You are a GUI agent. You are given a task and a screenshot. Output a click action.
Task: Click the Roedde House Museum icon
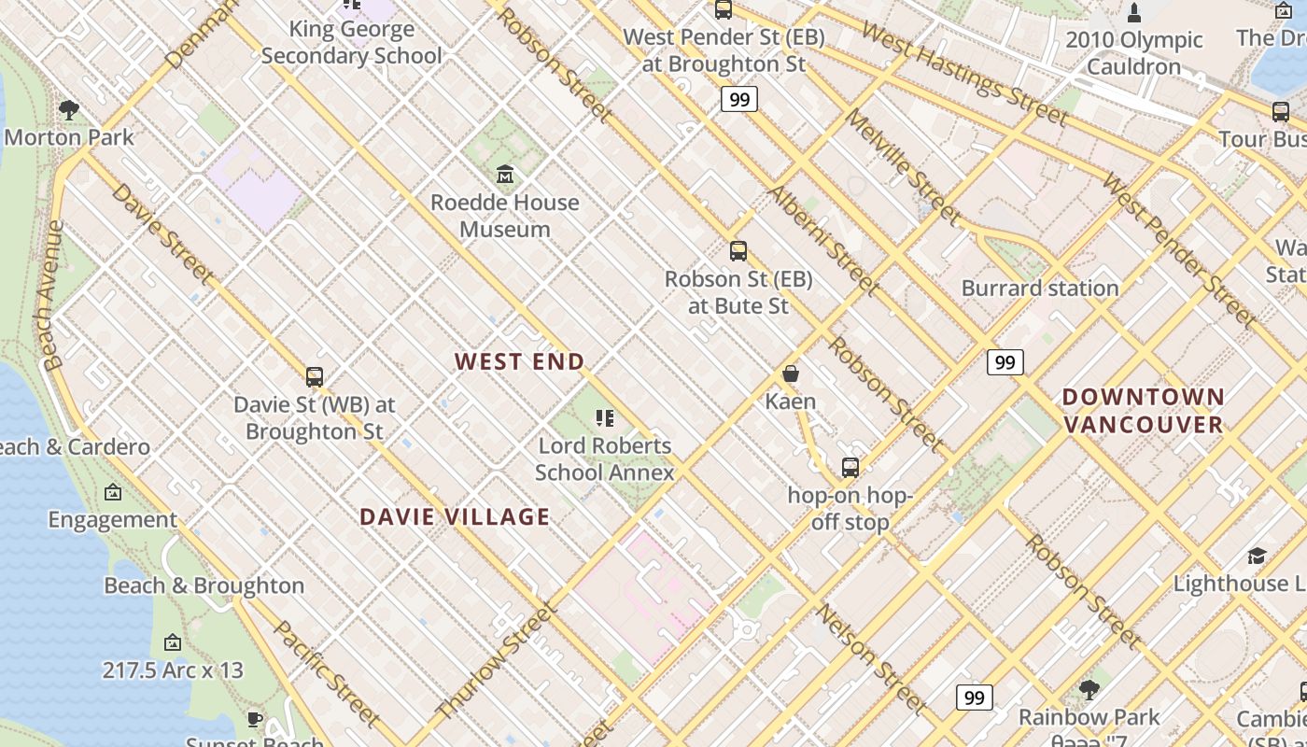(x=505, y=174)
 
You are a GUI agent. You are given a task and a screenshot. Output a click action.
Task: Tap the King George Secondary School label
(x=352, y=42)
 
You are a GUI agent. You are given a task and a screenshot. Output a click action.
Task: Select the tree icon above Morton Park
(x=68, y=109)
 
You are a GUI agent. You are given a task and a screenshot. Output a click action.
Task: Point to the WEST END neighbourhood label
(x=520, y=361)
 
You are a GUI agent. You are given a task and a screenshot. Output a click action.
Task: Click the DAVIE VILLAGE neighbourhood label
(x=455, y=516)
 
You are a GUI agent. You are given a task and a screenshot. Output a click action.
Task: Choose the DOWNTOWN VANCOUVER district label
(x=1144, y=411)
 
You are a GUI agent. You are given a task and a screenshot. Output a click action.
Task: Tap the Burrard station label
(x=1040, y=288)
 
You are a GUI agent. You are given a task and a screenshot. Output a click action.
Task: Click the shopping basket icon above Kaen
(x=791, y=373)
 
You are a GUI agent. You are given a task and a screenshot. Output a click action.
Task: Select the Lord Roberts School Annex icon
(x=605, y=417)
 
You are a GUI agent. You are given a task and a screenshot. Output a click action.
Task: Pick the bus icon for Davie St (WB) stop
(x=315, y=377)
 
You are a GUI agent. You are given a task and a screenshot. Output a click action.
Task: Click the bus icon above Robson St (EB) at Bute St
(x=738, y=250)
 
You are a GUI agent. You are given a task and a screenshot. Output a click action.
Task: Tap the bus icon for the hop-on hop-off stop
(x=850, y=467)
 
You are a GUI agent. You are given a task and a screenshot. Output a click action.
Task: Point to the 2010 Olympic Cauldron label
(x=1133, y=53)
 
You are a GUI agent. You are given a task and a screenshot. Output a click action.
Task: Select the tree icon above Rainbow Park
(x=1089, y=690)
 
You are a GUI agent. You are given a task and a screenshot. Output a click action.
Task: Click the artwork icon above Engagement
(x=113, y=492)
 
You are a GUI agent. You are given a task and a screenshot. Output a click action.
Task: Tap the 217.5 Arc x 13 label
(x=173, y=669)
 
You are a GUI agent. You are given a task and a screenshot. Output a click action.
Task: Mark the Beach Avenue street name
(x=53, y=295)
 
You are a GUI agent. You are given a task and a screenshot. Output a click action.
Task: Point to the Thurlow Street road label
(x=497, y=661)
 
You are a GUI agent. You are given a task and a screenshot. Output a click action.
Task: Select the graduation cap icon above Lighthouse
(x=1257, y=557)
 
